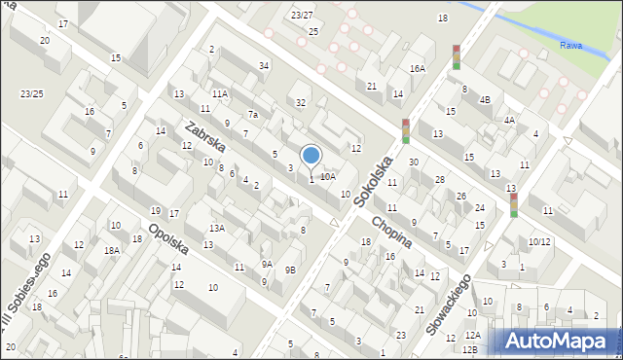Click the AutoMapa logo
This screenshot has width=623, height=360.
click(556, 341)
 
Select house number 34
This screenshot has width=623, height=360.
click(264, 65)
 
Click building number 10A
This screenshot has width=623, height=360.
click(328, 176)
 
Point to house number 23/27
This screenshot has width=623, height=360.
click(302, 15)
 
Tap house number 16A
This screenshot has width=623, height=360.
click(418, 69)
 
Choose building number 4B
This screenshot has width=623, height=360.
click(485, 99)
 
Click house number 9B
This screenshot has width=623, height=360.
click(290, 270)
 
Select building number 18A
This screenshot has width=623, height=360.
click(113, 250)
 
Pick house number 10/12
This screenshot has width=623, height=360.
click(539, 241)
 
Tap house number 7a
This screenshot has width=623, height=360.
click(252, 115)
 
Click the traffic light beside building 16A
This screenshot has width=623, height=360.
click(456, 56)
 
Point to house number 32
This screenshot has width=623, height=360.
click(302, 102)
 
